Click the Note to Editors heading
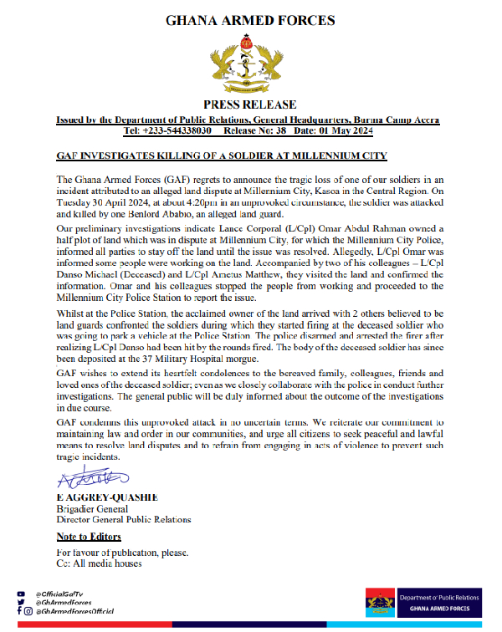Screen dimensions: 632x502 coord(89,537)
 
